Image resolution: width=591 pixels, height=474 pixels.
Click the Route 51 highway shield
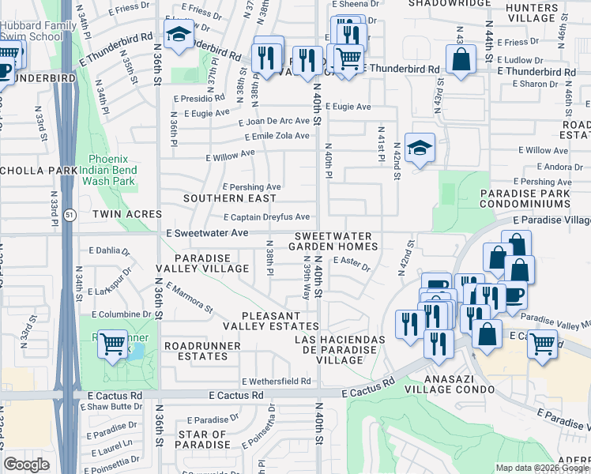pos(70,215)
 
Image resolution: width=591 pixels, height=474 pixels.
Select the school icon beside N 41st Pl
pos(420,146)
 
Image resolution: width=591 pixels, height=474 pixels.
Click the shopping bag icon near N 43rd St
pos(461,58)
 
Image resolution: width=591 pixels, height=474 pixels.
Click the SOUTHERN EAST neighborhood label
pos(230,198)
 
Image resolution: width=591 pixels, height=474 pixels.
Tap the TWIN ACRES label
pos(126,214)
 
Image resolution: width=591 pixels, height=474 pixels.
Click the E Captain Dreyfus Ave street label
pos(266,217)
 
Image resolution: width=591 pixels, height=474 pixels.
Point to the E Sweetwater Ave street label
pos(208,233)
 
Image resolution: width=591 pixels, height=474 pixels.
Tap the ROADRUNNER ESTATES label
pos(198,351)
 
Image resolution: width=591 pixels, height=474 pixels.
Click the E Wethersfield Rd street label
pos(276,381)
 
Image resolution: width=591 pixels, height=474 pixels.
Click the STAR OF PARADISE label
pos(203,440)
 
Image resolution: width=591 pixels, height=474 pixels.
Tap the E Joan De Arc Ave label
pos(274,121)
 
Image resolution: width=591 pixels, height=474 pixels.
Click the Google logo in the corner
pos(27,465)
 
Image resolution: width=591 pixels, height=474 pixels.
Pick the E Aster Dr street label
pos(352,263)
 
